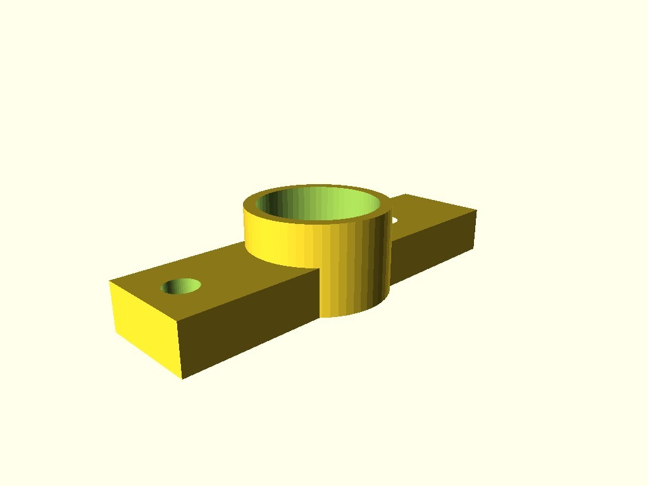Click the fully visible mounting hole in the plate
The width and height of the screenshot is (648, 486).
pos(181,286)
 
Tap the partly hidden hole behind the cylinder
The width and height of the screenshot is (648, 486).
pos(394,220)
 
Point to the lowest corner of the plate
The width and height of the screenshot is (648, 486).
pos(183,378)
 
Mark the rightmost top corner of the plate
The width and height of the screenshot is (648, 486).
pos(476,210)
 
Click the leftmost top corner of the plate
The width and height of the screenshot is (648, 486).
pos(110,282)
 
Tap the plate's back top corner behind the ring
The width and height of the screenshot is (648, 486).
pos(405,194)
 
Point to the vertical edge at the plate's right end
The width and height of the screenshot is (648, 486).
pos(475,228)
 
